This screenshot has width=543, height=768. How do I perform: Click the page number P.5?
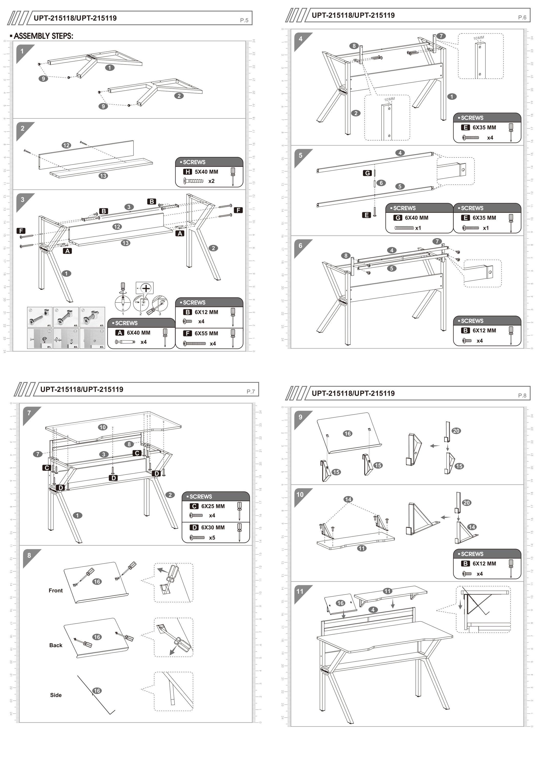coord(244,20)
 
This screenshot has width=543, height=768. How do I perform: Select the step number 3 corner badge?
coord(23,200)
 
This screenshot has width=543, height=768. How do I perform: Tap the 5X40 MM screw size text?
coord(206,172)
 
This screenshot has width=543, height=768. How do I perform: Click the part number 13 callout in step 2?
coord(103,176)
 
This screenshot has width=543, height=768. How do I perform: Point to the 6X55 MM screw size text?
coord(206,333)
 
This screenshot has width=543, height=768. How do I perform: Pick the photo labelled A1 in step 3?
coord(39,317)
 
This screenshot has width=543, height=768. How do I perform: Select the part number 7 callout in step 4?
coord(441,36)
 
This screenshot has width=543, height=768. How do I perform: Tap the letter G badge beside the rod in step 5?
coord(367,173)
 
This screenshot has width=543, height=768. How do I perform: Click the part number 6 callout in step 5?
coord(381,183)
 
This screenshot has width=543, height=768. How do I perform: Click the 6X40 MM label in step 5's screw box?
coord(416,218)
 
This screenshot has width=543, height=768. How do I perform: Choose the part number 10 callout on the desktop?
coord(102,427)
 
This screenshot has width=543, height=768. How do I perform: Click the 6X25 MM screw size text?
coord(213,506)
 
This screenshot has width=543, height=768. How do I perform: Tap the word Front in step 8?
coord(56,590)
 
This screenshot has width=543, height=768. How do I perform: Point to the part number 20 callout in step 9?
coord(456,431)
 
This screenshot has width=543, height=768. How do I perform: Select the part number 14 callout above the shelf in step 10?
coord(348,499)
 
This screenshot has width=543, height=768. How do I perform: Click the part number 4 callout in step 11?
coord(373,610)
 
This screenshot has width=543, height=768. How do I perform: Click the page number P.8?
coord(522,395)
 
